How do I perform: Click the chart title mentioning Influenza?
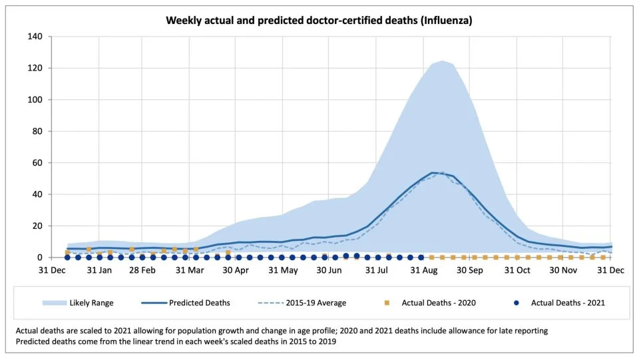coord(319,21)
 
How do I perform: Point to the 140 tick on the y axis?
coord(35,37)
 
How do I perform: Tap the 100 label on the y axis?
coord(35,100)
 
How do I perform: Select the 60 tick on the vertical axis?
coord(37,163)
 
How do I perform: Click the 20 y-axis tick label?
coord(37,226)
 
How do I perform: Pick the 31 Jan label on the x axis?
coord(99,270)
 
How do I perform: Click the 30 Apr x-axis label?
coord(236,270)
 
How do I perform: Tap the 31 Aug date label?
coord(424,270)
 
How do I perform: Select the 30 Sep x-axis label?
coord(469,270)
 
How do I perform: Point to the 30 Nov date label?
coord(563,270)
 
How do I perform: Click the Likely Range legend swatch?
coord(54,303)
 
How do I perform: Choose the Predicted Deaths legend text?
coord(200,303)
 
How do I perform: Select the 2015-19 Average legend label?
coord(316,303)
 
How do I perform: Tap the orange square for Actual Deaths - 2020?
coord(387,303)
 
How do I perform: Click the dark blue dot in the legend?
coord(517,303)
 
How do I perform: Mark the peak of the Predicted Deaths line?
coord(433,172)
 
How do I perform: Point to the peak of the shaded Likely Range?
coord(442,61)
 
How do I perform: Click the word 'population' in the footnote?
coord(197,331)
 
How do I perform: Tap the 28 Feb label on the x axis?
coord(142,270)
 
